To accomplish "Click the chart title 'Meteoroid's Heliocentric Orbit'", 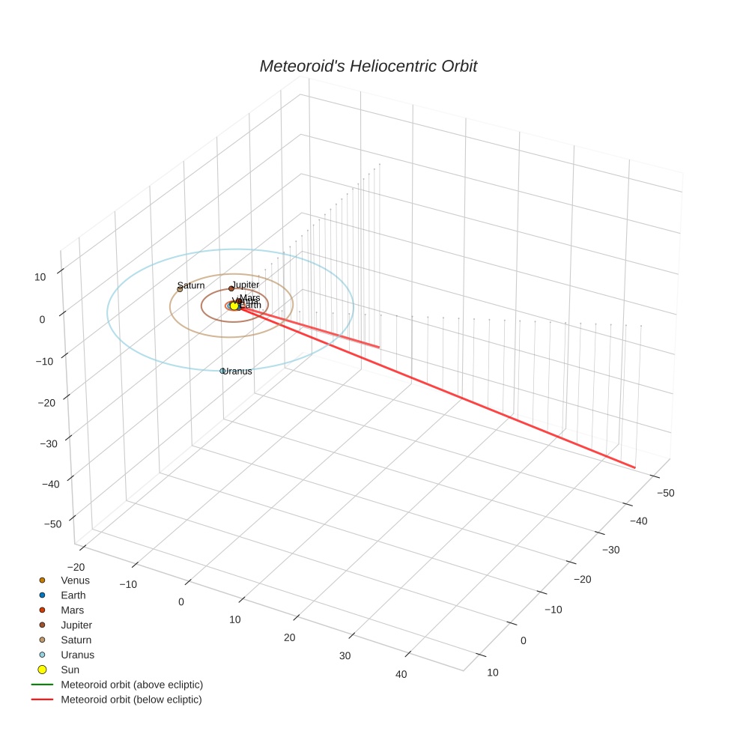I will click(368, 66).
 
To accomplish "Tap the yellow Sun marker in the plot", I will click(234, 306).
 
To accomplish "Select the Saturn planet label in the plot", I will click(191, 285).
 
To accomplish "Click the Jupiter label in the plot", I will click(245, 285).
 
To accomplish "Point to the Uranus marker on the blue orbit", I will click(222, 371).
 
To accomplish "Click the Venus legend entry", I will click(75, 580).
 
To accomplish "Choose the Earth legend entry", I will click(73, 595).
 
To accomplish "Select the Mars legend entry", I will click(72, 610).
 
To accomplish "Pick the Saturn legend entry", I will click(76, 640).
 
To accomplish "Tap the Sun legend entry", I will click(70, 670).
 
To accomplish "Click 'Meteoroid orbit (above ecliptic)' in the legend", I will click(132, 685).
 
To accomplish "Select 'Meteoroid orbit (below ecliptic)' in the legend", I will click(131, 700).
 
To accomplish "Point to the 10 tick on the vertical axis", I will click(39, 276).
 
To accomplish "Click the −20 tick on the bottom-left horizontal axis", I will click(76, 566).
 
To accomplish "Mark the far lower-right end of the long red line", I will click(635, 467).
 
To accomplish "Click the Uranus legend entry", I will click(77, 655).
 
